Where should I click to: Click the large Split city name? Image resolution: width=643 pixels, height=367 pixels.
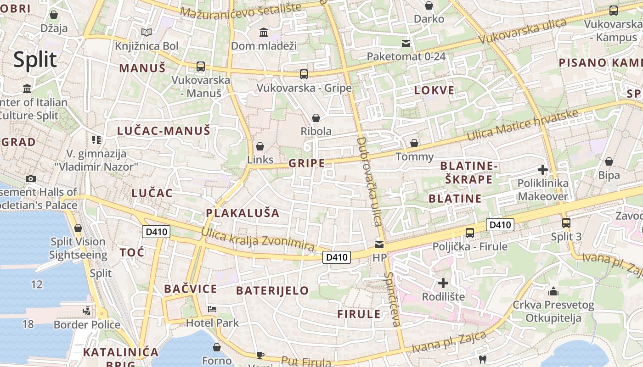[x=35, y=60]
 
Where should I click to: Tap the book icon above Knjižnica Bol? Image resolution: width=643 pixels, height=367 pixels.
[x=147, y=33]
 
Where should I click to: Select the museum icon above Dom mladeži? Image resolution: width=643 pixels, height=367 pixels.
[x=264, y=33]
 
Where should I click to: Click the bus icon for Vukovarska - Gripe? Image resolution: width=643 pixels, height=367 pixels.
[x=304, y=74]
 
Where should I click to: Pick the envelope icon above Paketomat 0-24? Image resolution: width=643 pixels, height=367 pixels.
[x=406, y=44]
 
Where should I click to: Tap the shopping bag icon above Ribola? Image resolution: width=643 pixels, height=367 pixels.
[x=316, y=118]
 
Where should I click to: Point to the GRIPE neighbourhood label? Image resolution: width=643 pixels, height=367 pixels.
[x=307, y=163]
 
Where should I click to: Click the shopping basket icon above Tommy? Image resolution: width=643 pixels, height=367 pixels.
[x=414, y=143]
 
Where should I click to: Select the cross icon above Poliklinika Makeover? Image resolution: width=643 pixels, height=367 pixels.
[x=542, y=170]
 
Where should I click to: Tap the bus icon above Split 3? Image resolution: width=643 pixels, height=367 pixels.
[x=566, y=223]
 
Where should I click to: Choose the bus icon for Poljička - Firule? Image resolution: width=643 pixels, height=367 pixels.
[x=470, y=233]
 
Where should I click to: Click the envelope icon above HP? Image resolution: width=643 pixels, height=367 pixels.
[x=379, y=244]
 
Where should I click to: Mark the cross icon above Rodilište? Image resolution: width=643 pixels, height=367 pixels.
[x=443, y=283]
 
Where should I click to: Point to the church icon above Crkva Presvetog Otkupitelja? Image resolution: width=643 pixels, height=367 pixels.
[x=553, y=291]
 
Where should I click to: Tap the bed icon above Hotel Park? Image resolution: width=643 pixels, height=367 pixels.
[x=212, y=309]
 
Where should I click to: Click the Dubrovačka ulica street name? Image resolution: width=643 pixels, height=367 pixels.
[x=369, y=181]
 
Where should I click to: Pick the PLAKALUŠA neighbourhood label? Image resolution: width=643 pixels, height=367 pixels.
[x=243, y=213]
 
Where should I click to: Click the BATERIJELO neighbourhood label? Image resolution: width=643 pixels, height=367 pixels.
[x=272, y=290]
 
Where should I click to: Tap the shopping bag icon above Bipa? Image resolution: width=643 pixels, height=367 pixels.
[x=609, y=161]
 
